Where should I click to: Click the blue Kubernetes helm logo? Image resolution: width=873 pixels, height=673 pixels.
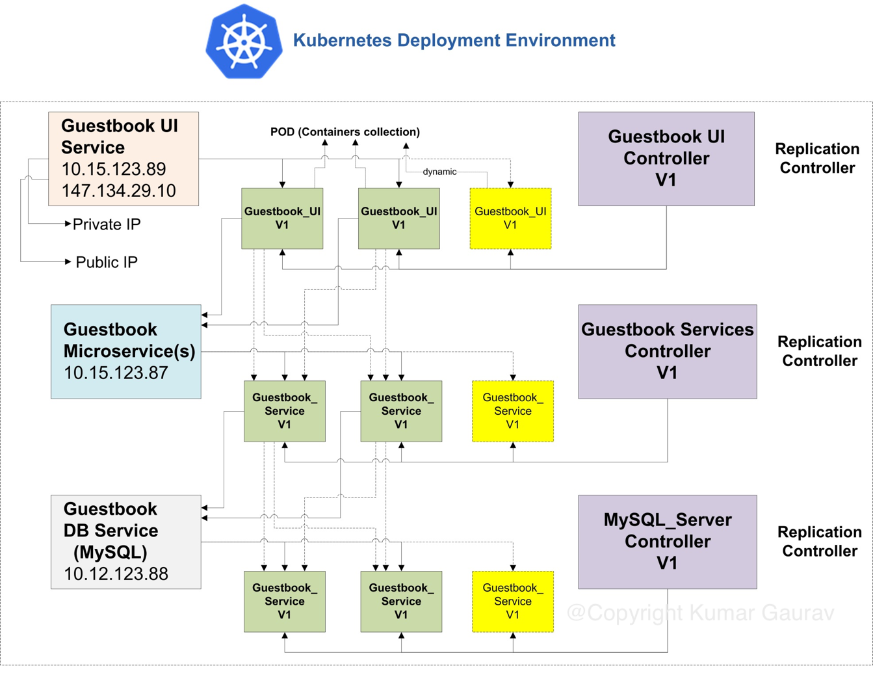pos(244,41)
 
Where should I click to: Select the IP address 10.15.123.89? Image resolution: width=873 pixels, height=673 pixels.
pos(113,169)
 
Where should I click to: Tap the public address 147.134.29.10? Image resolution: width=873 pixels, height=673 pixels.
pos(118,191)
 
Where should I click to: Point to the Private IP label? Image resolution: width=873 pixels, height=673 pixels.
pos(107,224)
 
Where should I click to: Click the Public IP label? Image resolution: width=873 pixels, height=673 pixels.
pos(107,262)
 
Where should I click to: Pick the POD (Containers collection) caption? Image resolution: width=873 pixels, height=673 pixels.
pos(345,132)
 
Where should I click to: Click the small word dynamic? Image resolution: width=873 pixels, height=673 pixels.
pos(439,172)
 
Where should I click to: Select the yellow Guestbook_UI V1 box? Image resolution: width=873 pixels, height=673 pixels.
pos(510,218)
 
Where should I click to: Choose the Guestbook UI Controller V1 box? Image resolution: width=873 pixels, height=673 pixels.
pos(666,159)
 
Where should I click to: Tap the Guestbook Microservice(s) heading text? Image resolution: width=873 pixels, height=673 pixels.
pos(129,340)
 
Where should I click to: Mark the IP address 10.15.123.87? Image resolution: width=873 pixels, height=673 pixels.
pos(116,373)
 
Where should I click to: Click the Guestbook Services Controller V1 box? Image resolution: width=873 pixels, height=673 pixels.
pos(667,351)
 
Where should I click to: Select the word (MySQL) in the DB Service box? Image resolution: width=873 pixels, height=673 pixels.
pos(110,552)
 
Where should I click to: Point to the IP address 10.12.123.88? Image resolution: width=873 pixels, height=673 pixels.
pos(116,574)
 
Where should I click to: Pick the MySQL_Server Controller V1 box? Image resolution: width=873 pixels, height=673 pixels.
pos(667,542)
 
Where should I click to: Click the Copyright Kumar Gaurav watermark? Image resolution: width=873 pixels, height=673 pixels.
pos(700,613)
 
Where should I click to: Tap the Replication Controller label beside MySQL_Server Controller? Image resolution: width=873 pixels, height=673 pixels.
pos(819,541)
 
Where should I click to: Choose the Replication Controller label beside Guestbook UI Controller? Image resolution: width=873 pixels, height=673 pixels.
pos(816,158)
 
